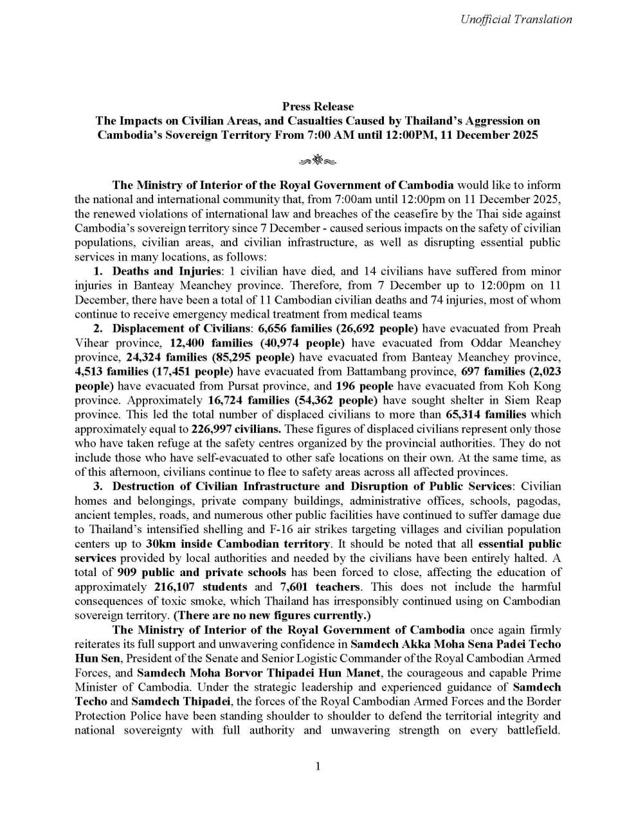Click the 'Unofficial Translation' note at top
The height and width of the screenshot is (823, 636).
516,19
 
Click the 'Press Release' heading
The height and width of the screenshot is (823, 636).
318,106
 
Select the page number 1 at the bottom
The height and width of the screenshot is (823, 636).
318,766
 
